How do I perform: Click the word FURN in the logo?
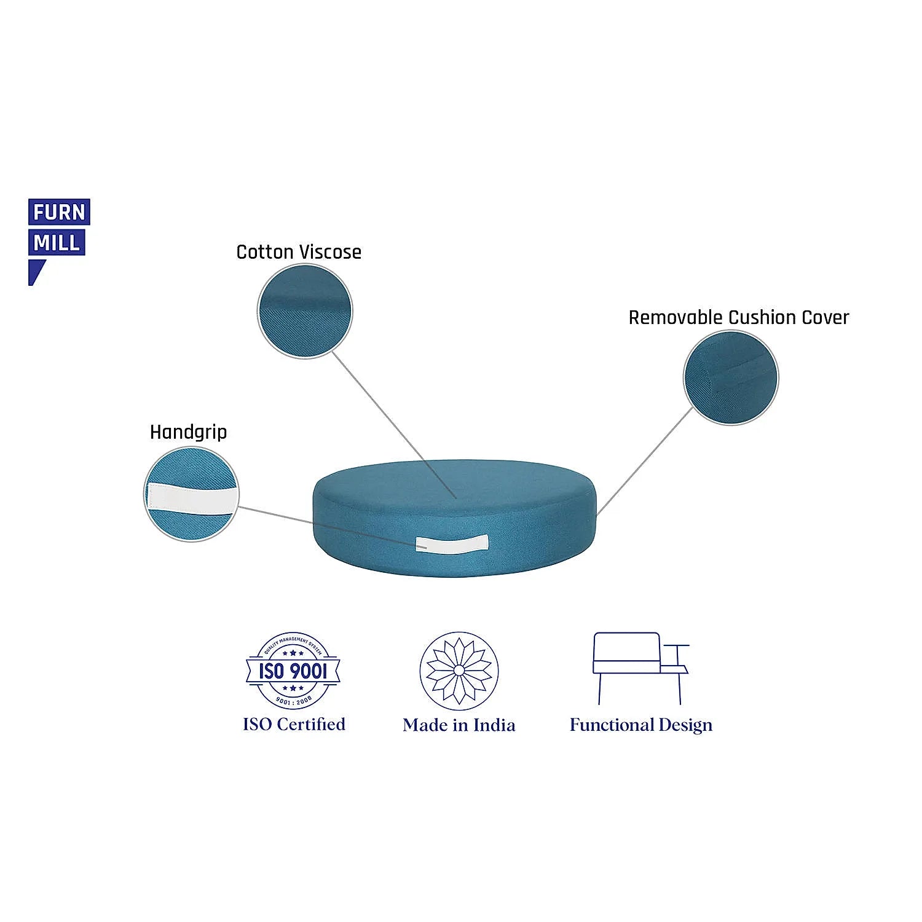pyautogui.click(x=59, y=212)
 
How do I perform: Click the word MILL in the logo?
pyautogui.click(x=57, y=243)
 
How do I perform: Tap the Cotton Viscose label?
pyautogui.click(x=299, y=252)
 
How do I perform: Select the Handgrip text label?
pyautogui.click(x=188, y=432)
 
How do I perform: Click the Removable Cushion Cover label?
pyautogui.click(x=738, y=318)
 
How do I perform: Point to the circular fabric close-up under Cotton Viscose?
pyautogui.click(x=305, y=311)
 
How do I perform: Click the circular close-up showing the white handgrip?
pyautogui.click(x=191, y=494)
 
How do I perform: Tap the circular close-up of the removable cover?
pyautogui.click(x=731, y=377)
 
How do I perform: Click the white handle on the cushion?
pyautogui.click(x=452, y=543)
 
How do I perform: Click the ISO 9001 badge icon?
pyautogui.click(x=293, y=670)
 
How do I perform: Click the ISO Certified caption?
pyautogui.click(x=294, y=724)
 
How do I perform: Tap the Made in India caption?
pyautogui.click(x=459, y=725)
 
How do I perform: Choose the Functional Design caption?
pyautogui.click(x=641, y=725)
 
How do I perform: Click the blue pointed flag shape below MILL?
pyautogui.click(x=36, y=271)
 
